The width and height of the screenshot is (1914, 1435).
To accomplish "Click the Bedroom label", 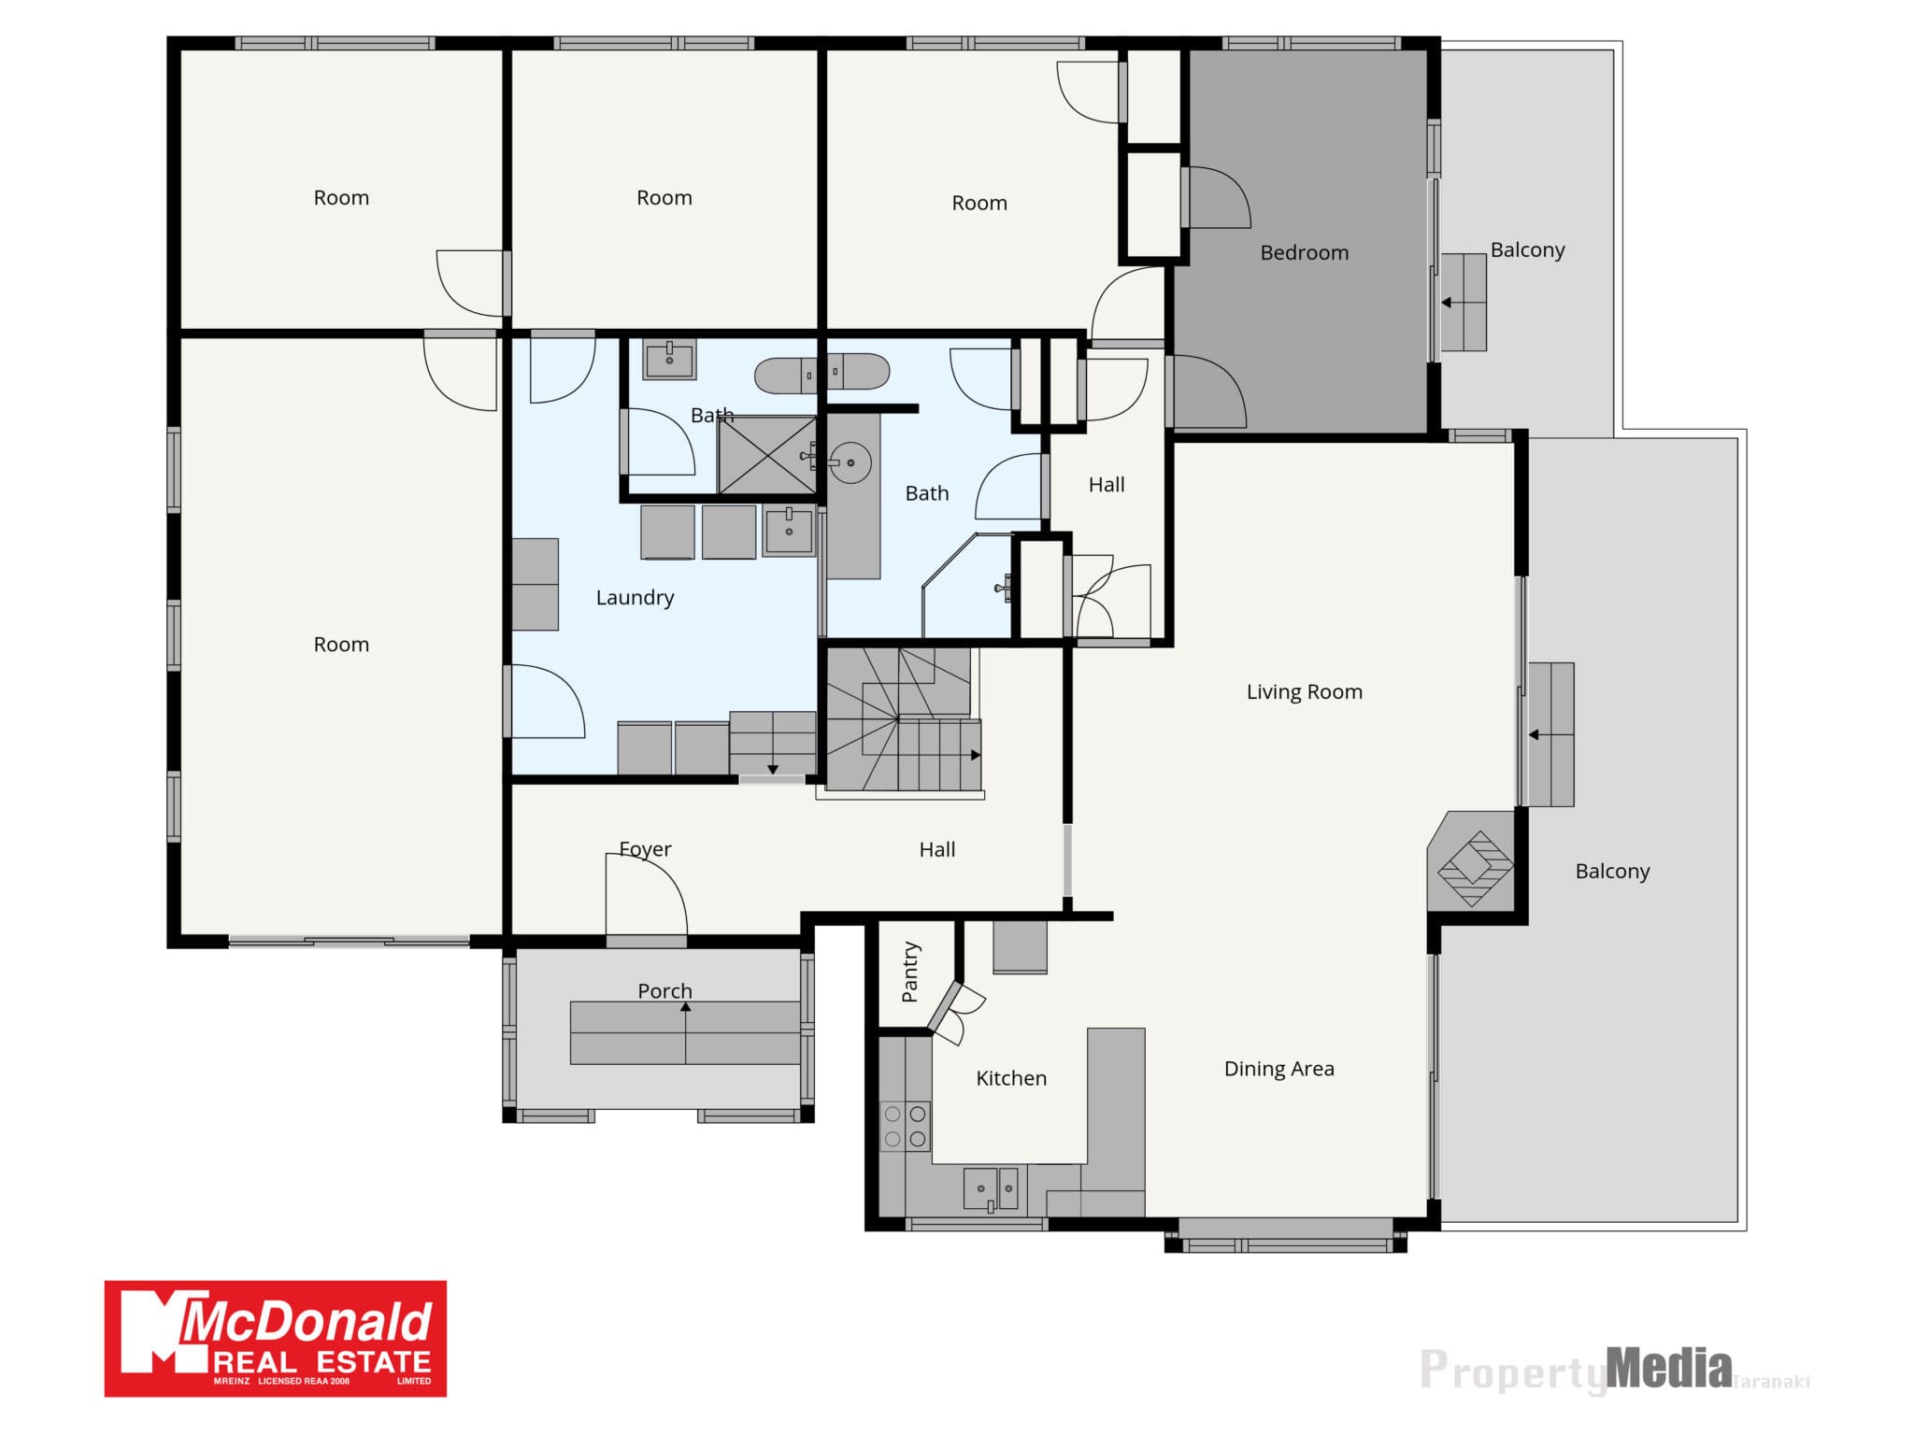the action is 1304,252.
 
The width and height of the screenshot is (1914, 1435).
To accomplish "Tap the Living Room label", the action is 1304,691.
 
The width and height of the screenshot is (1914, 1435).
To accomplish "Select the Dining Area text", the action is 1278,1069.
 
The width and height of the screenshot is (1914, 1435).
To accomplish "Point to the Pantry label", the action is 909,972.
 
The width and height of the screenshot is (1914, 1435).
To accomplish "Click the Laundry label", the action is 635,598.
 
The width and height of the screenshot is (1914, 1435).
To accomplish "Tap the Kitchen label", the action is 1011,1078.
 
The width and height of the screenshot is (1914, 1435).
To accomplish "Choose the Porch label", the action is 664,990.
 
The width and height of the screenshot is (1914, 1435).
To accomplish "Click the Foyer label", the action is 645,849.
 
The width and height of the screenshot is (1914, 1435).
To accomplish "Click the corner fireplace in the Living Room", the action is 1473,862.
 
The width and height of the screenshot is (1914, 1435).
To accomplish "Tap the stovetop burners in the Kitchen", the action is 905,1126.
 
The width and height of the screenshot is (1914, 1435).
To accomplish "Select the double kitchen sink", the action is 991,1189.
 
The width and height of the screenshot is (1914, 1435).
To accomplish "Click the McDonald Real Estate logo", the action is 276,1339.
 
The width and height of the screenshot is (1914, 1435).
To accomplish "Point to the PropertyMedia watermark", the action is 1614,1371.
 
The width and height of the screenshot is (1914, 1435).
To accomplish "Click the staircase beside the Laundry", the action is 900,719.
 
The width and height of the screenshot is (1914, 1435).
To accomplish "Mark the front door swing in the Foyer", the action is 647,894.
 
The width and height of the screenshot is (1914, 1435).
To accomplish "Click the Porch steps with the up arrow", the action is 685,1032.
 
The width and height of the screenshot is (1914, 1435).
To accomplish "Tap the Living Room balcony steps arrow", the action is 1550,735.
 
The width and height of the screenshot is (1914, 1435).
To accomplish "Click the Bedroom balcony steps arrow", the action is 1464,303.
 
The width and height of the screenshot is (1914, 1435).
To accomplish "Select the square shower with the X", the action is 766,455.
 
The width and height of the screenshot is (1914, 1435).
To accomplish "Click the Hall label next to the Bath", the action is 1107,485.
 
